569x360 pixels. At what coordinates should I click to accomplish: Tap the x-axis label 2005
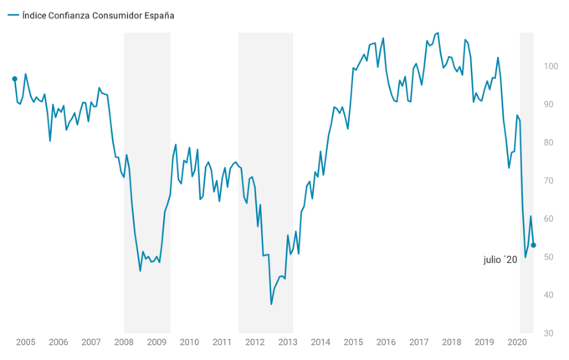click(x=25, y=342)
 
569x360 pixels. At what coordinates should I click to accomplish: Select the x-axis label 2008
click(x=124, y=342)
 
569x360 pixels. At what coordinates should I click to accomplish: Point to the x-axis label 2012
click(x=254, y=342)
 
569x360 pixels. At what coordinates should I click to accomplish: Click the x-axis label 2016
click(x=386, y=342)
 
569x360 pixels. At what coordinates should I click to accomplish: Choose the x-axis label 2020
click(x=517, y=342)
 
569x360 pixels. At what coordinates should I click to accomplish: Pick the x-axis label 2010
click(x=189, y=342)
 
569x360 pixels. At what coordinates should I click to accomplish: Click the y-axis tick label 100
click(x=551, y=66)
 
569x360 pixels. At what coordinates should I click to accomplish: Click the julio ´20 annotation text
click(x=500, y=260)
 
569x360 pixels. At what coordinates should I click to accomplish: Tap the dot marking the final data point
click(x=534, y=245)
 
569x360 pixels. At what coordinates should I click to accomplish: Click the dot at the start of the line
click(x=14, y=79)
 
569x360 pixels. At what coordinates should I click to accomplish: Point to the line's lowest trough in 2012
click(x=271, y=304)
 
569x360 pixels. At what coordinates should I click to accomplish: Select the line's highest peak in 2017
click(x=438, y=33)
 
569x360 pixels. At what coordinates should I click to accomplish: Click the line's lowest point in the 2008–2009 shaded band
click(x=140, y=270)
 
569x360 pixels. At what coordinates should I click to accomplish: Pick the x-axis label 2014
click(x=320, y=342)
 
